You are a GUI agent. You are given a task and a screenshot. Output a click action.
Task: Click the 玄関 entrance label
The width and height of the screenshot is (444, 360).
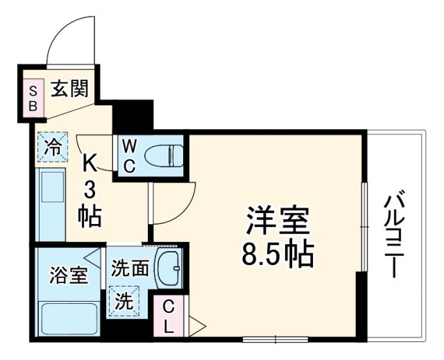(68, 90)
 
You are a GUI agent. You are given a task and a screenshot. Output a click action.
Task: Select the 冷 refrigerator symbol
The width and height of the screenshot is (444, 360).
(53, 147)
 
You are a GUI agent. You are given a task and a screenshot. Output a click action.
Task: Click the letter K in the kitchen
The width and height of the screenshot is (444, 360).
(90, 164)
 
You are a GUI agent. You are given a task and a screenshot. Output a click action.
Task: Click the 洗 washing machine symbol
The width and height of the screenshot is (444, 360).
(123, 302)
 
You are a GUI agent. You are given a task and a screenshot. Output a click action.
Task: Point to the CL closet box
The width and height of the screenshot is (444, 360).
(169, 315)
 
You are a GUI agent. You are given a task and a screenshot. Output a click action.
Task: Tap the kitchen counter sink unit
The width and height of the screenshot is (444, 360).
(51, 205)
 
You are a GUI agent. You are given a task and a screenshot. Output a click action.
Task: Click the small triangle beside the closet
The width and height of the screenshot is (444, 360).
(197, 324)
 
